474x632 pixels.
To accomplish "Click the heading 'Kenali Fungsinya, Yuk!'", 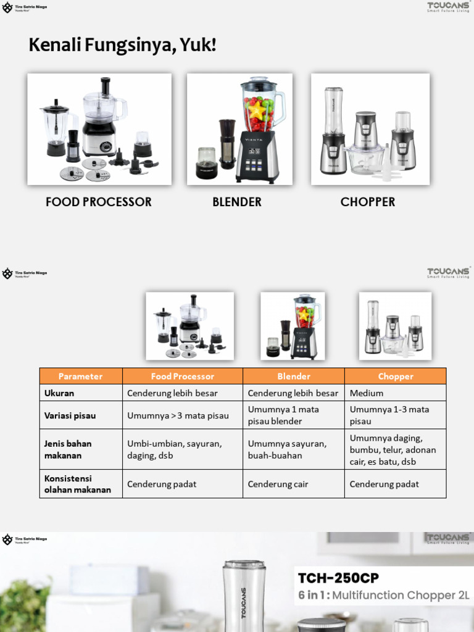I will click(122, 45).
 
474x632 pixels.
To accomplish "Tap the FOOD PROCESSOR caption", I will click(99, 202).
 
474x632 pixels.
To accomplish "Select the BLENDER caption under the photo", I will click(237, 202).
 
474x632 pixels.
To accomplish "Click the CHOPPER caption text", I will click(368, 202).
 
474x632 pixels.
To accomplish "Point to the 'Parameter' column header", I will click(81, 376).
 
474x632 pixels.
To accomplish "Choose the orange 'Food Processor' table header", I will click(183, 376).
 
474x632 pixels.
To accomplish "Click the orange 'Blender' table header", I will click(294, 376).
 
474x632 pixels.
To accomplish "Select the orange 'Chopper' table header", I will click(396, 376).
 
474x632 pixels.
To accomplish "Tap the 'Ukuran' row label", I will click(59, 393).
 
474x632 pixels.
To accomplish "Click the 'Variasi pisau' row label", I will click(70, 415).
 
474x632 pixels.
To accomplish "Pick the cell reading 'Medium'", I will click(367, 393).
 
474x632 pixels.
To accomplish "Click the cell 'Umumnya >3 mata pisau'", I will click(178, 415).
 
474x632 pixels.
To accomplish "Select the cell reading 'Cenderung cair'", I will click(278, 484).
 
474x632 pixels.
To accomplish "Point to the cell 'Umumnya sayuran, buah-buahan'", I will click(287, 449).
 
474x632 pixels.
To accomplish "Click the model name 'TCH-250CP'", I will click(338, 578).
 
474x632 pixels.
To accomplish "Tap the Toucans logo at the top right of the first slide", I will click(448, 7).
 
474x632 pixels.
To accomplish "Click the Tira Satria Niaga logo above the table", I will click(25, 273).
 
